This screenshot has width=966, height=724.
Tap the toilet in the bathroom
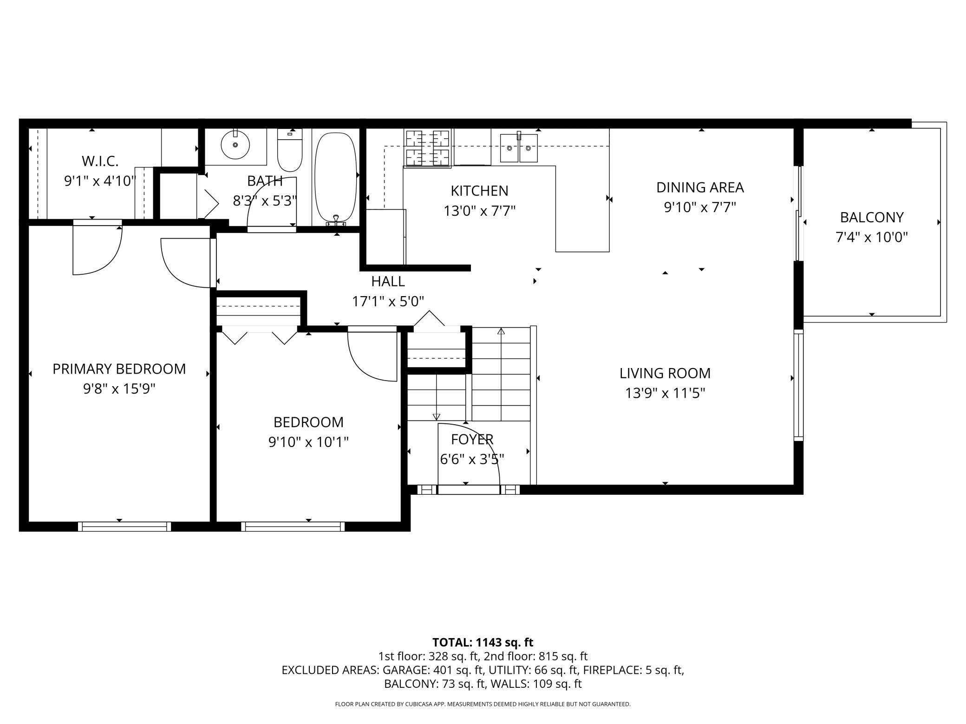[290, 150]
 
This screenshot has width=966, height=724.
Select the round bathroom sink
[236, 144]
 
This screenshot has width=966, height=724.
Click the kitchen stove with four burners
[427, 148]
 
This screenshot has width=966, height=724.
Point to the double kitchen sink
[519, 148]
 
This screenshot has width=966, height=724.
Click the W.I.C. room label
[100, 161]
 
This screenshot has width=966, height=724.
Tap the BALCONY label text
[872, 217]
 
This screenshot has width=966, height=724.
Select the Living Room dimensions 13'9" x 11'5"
[665, 394]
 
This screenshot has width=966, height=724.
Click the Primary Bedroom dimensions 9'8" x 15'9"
[119, 389]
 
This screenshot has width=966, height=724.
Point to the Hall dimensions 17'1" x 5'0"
[388, 302]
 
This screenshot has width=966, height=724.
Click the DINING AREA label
[700, 187]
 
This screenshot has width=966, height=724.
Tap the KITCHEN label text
[479, 191]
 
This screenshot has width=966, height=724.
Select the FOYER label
[472, 439]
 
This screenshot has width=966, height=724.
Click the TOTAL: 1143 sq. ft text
[483, 642]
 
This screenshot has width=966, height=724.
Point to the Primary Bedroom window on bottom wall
[124, 526]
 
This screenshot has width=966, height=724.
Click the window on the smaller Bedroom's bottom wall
[293, 526]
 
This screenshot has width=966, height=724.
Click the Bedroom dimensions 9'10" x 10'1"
[308, 442]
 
